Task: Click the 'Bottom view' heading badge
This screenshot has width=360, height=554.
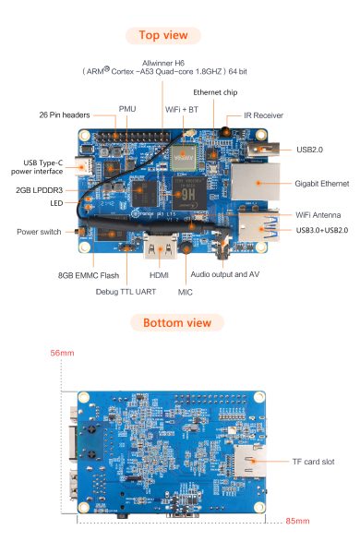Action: point(176,322)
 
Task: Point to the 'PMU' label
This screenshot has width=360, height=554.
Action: point(127,109)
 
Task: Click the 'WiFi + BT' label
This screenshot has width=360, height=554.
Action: point(181,109)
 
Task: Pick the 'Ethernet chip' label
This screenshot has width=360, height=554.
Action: point(217,92)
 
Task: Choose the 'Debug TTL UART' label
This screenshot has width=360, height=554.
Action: point(126,292)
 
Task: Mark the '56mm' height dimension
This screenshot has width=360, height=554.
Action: point(60,354)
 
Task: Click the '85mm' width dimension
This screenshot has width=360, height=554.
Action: point(296,522)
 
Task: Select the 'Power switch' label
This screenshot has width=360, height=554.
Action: point(40,231)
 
